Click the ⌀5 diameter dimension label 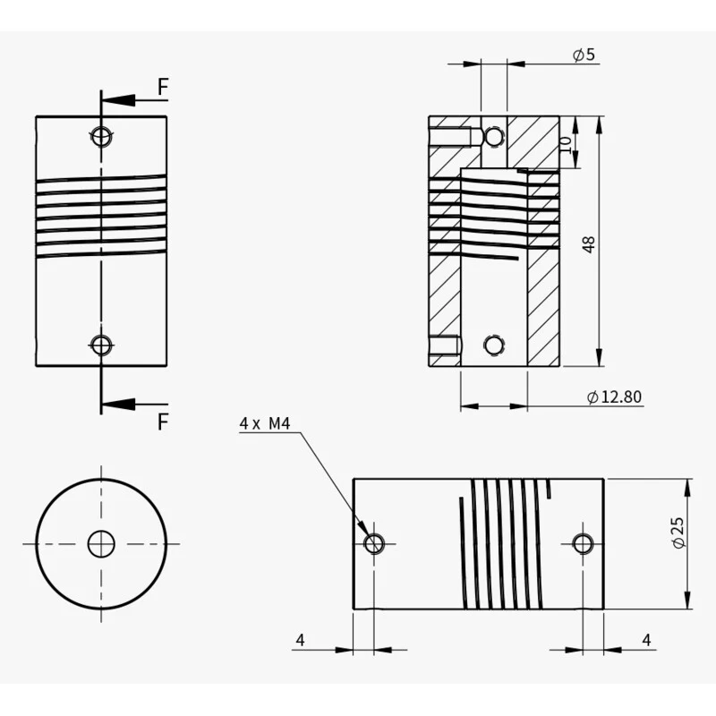584,55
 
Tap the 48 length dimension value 589,244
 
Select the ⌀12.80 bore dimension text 614,396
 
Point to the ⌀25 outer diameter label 678,533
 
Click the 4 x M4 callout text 265,423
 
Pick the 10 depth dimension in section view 566,145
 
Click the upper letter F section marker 163,87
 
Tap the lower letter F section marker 163,422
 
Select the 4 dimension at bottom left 300,640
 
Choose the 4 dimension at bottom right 646,640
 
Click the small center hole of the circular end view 101,544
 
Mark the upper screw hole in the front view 101,136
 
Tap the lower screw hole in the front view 101,345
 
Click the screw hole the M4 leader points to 374,543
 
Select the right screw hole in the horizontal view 584,543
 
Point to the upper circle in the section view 494,136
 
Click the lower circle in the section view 494,345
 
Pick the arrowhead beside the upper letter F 118,100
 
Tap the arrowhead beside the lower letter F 118,404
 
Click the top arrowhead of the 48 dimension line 599,124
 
